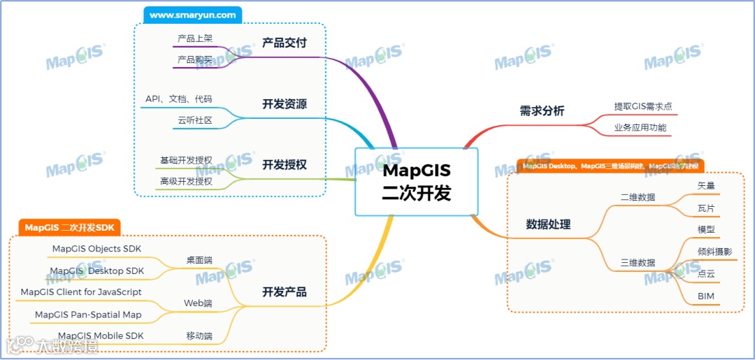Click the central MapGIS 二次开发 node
point(417,182)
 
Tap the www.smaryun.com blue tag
point(192,15)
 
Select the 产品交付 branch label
point(285,43)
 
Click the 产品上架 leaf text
point(195,38)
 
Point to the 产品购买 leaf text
point(195,60)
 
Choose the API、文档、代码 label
point(178,99)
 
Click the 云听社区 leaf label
point(194,121)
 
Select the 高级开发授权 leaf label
point(186,182)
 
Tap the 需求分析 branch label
point(542,110)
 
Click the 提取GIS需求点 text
point(643,106)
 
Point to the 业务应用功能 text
point(640,128)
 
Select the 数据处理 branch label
point(548,224)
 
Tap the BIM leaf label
point(706,296)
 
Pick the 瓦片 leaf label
point(706,208)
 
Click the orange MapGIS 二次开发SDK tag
point(69,227)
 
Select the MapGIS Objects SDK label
point(96,249)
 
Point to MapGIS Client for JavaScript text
point(81,292)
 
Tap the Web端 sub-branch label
point(198,303)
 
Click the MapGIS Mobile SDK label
point(101,336)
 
